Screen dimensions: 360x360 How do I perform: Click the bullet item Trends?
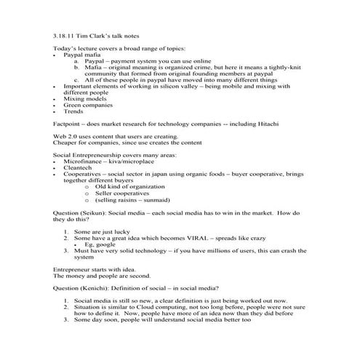tap(73, 113)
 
